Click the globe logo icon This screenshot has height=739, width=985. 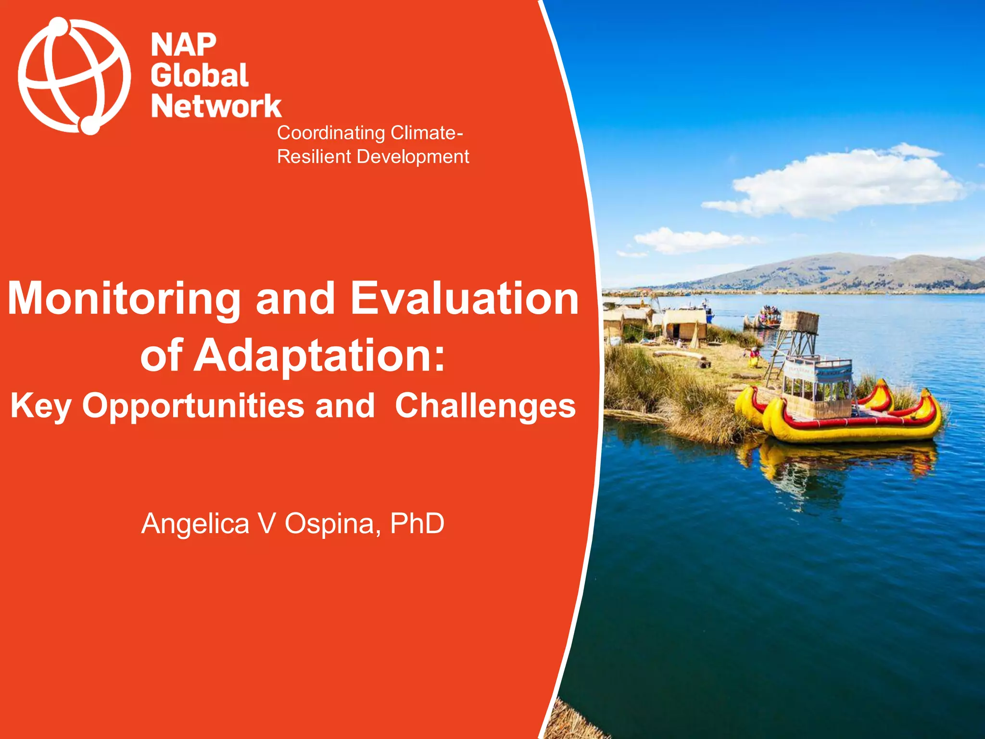coord(74,76)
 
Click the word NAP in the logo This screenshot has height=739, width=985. coord(183,45)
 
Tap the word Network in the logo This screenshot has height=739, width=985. coord(216,106)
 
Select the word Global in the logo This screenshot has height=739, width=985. coord(200,76)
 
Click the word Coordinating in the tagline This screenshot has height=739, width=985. coord(331,133)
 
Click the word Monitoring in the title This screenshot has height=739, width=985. coord(124,299)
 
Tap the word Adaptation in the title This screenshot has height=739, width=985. coord(319,356)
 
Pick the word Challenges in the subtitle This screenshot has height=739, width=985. coord(485,406)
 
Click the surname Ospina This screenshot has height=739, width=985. coord(329,523)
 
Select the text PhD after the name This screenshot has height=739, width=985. coord(417,523)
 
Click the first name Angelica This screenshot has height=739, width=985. coord(195,523)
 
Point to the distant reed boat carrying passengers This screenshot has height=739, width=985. coord(765,318)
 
